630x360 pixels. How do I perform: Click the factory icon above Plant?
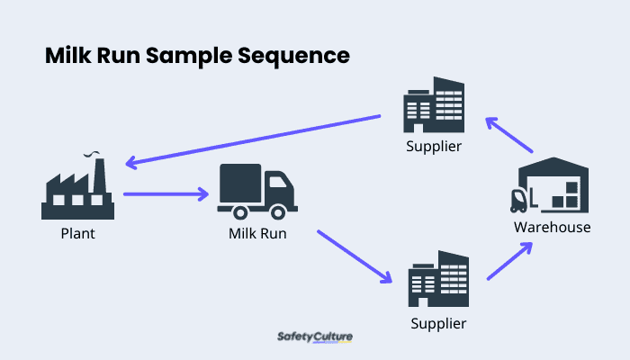[x=78, y=189]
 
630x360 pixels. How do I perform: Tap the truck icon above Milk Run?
[x=256, y=192]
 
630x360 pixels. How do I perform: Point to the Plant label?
[x=77, y=234]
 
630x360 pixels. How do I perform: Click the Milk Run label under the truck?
[x=256, y=234]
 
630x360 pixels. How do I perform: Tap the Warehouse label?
[x=552, y=227]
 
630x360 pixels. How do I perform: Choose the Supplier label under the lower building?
[x=439, y=322]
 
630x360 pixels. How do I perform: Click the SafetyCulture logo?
[x=314, y=337]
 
